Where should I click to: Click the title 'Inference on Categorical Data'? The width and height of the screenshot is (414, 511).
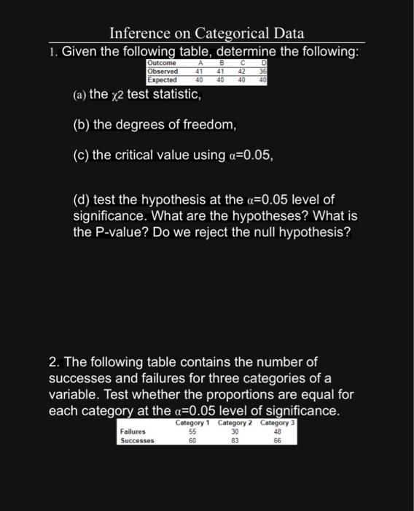point(206,34)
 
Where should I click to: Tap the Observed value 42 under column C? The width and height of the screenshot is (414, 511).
point(243,72)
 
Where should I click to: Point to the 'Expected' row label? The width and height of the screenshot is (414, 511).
point(163,80)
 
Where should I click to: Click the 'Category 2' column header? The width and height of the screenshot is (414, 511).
point(235,423)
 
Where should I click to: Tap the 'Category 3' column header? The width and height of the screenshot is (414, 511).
point(278,423)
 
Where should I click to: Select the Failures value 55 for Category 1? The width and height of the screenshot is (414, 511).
point(192,431)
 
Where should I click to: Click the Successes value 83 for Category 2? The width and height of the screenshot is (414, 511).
point(235,440)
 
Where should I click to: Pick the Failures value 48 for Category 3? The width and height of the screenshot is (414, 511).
point(277,431)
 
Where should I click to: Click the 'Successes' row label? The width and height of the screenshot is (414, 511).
point(138,440)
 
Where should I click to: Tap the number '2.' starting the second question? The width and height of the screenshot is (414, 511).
point(54,362)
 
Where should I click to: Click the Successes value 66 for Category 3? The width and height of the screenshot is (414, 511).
point(277,440)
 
